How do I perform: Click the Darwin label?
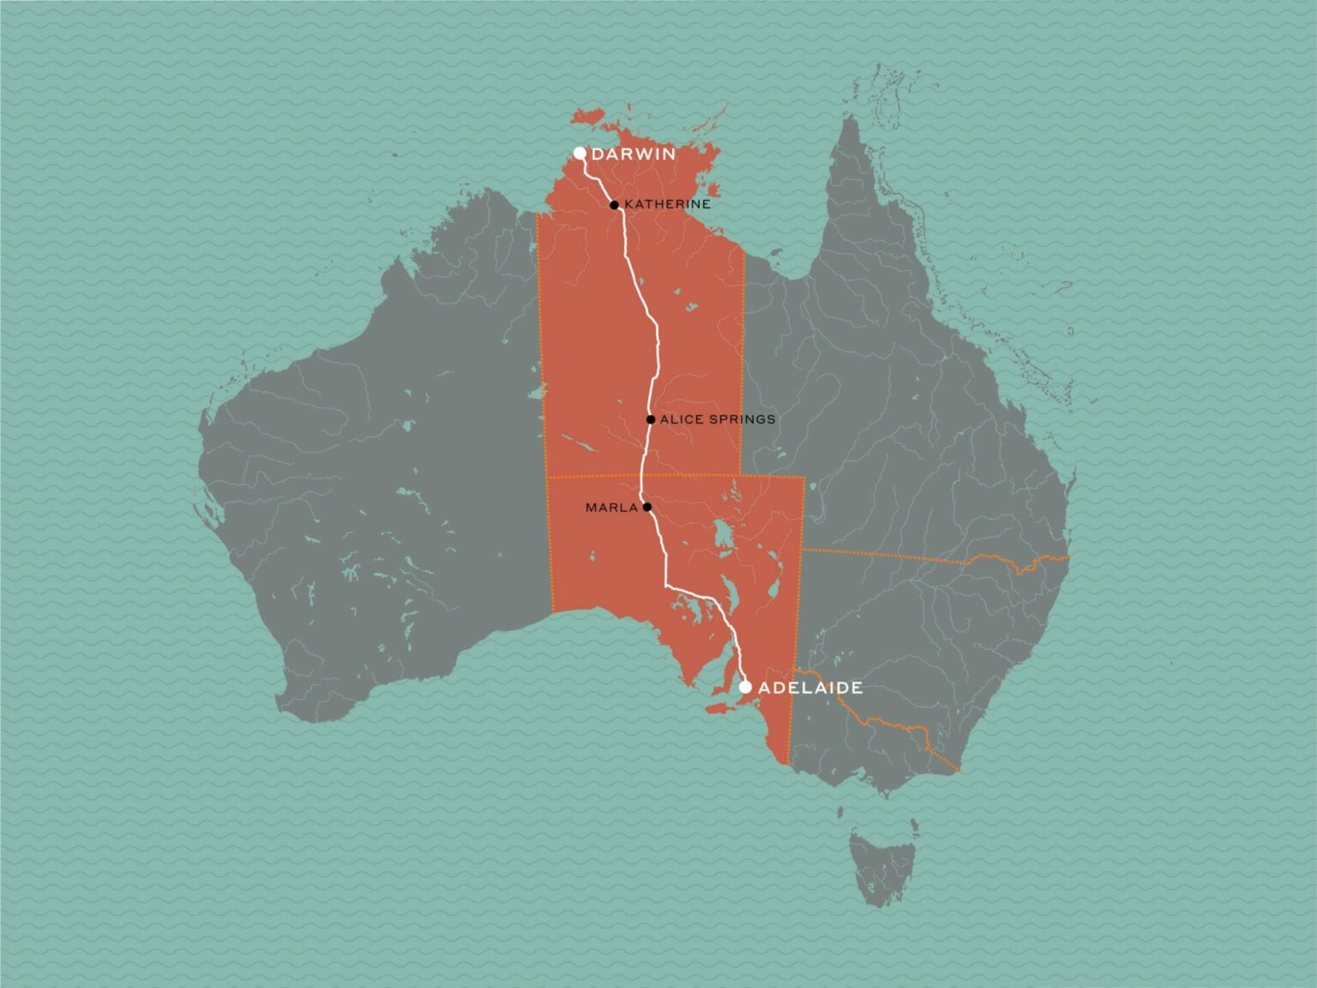[634, 155]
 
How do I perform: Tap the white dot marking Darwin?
[580, 154]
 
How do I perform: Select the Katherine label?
[667, 205]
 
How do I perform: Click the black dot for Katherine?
[615, 205]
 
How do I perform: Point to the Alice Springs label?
[718, 419]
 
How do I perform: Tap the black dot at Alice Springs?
[651, 419]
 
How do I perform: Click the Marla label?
[611, 508]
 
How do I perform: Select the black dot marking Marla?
[647, 507]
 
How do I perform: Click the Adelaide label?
[810, 688]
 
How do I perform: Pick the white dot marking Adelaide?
[745, 687]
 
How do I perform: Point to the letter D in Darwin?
[598, 155]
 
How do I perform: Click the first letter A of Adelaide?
[765, 688]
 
